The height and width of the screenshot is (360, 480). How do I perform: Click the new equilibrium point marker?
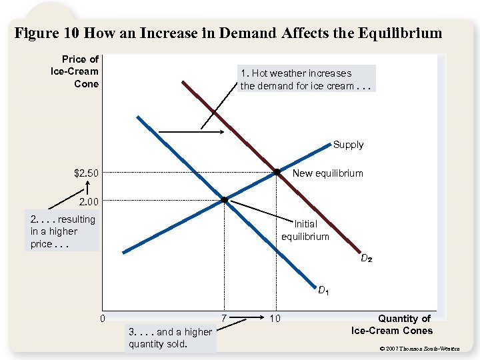pyautogui.click(x=276, y=173)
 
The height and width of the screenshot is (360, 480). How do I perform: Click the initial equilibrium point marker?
pyautogui.click(x=225, y=200)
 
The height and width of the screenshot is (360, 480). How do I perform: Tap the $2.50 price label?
pyautogui.click(x=87, y=174)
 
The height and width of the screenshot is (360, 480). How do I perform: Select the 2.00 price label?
pyautogui.click(x=89, y=201)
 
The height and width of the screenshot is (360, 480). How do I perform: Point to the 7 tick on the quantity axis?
pyautogui.click(x=224, y=318)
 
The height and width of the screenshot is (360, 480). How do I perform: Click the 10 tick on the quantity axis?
pyautogui.click(x=275, y=319)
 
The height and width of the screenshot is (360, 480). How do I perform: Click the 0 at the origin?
pyautogui.click(x=102, y=318)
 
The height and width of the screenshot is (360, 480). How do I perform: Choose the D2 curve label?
pyautogui.click(x=366, y=258)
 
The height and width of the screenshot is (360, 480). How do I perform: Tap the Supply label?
pyautogui.click(x=348, y=145)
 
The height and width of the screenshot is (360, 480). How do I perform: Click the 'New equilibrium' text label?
pyautogui.click(x=328, y=173)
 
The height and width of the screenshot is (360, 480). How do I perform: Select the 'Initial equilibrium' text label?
pyautogui.click(x=305, y=231)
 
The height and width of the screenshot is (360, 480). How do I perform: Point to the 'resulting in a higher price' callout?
pyautogui.click(x=63, y=231)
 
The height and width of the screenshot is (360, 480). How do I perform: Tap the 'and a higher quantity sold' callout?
pyautogui.click(x=169, y=338)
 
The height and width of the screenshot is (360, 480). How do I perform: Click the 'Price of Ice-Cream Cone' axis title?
pyautogui.click(x=75, y=71)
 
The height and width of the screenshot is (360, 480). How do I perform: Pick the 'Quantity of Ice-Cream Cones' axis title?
pyautogui.click(x=391, y=325)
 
